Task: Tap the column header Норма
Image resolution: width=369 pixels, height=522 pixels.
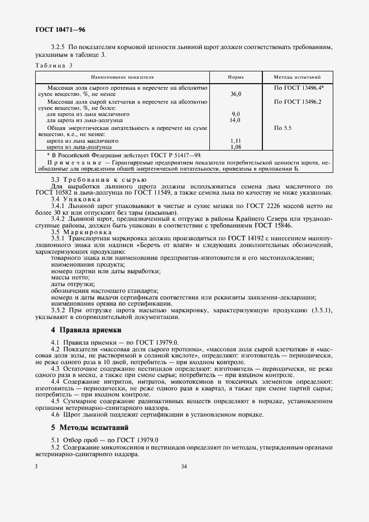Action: click(236, 77)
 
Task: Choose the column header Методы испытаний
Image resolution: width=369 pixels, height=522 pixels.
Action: click(297, 77)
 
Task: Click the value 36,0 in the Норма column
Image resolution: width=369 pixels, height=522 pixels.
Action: click(236, 94)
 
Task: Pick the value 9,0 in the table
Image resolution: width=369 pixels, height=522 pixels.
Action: click(236, 114)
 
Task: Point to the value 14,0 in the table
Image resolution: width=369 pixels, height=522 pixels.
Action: click(235, 120)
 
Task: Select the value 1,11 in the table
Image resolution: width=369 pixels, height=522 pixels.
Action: click(235, 141)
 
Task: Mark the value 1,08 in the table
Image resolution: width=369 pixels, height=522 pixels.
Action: click(235, 147)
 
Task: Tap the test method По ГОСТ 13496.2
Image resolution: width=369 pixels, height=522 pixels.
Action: click(297, 101)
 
